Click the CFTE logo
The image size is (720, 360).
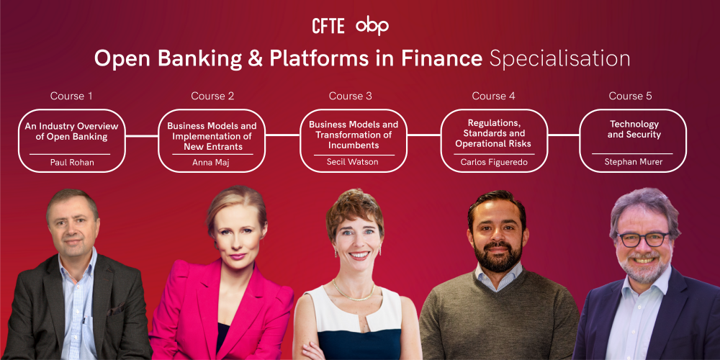(328, 26)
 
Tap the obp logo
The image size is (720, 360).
(372, 26)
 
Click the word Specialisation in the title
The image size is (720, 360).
(559, 59)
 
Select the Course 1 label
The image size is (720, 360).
(71, 96)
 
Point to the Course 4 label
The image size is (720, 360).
(494, 96)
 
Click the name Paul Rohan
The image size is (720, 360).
(71, 162)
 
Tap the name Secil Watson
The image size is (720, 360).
(352, 161)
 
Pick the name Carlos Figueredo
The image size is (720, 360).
(494, 161)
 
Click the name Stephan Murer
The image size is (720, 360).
(633, 161)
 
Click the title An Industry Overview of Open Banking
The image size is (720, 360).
(71, 131)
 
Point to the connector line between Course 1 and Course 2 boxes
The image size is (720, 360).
(142, 136)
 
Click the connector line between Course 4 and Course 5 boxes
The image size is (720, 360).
(564, 135)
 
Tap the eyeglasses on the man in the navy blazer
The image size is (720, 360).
(644, 239)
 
